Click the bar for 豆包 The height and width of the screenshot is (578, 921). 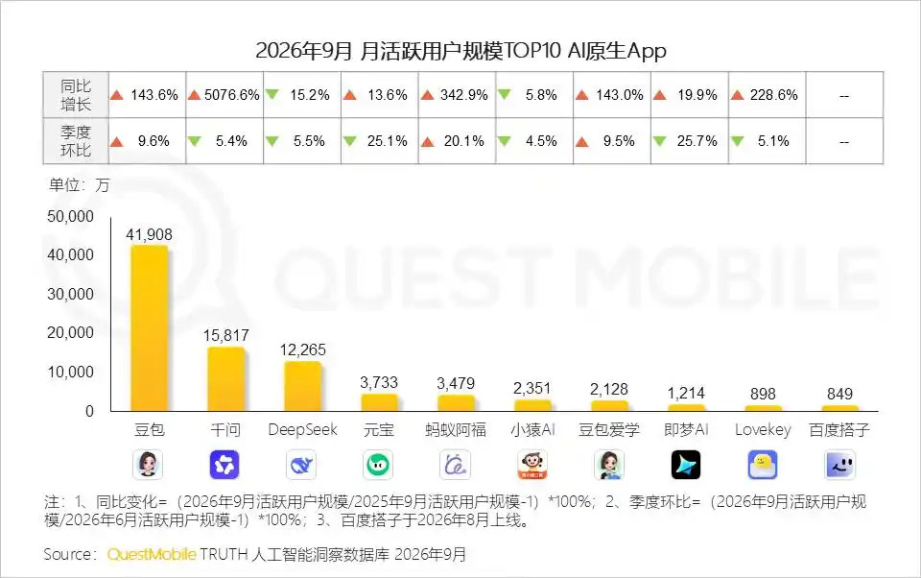(x=150, y=328)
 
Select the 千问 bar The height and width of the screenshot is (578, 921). (x=226, y=378)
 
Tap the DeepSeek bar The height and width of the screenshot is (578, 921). (x=302, y=386)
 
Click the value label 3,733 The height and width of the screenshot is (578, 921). (x=379, y=382)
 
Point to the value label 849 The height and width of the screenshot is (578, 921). (x=839, y=394)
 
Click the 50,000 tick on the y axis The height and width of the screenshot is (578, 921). (x=70, y=216)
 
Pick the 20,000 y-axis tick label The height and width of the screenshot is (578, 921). (x=70, y=332)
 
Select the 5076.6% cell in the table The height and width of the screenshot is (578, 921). (x=224, y=95)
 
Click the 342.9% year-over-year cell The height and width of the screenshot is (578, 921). (x=457, y=95)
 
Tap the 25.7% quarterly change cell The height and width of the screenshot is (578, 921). (x=690, y=141)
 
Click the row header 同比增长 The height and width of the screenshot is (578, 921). (x=76, y=95)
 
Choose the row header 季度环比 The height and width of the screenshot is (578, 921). (x=76, y=141)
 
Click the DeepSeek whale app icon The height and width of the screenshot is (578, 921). (x=301, y=465)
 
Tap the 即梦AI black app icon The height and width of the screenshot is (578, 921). (x=685, y=465)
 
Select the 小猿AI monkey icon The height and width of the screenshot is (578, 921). (x=532, y=465)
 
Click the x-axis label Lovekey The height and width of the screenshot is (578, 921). (x=763, y=430)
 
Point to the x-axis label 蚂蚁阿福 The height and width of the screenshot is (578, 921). (x=456, y=430)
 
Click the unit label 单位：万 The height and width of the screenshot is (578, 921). (x=80, y=185)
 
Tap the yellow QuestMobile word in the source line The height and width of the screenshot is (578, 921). (x=152, y=555)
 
